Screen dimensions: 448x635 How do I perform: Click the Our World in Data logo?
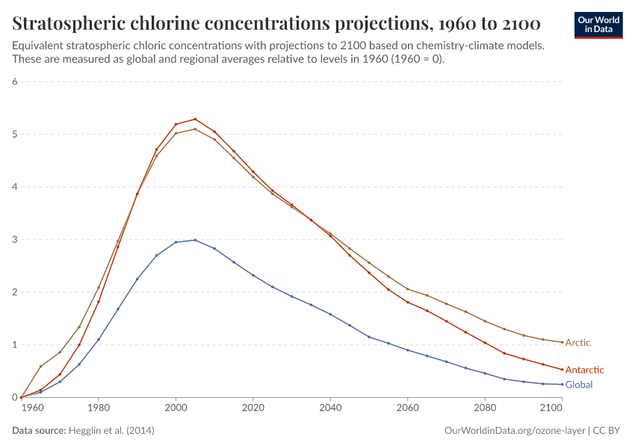598,25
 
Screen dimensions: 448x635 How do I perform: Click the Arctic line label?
577,343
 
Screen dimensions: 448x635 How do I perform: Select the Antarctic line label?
584,370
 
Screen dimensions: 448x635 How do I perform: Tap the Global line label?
579,385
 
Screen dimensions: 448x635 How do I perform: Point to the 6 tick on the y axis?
14,81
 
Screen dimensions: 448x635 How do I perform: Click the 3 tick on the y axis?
14,240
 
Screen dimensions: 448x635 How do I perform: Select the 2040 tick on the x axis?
330,408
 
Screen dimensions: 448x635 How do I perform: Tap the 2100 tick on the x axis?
551,408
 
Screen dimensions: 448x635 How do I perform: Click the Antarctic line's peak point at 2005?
195,119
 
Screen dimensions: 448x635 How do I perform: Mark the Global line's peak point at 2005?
195,240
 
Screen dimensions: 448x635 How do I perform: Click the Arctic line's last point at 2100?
562,342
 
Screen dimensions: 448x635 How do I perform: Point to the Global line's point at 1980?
99,340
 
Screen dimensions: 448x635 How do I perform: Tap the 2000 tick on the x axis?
176,408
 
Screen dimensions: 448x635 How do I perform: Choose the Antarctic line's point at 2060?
407,302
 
